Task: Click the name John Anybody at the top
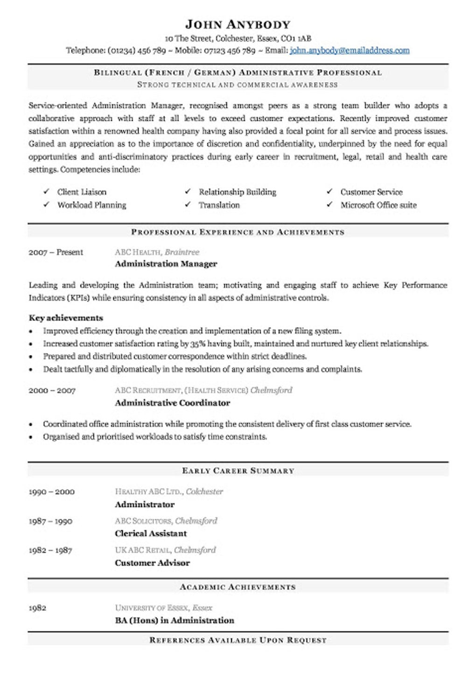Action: click(x=238, y=24)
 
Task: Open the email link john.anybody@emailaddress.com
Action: click(x=350, y=50)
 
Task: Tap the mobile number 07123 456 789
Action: click(x=229, y=50)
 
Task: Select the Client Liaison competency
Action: click(x=82, y=192)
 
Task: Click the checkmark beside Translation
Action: click(x=188, y=205)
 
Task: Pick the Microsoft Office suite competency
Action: click(x=378, y=205)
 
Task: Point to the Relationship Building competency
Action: click(x=237, y=192)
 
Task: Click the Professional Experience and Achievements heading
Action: click(x=238, y=232)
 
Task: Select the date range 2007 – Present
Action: click(x=56, y=252)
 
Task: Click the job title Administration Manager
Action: click(x=166, y=264)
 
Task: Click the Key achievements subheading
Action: click(x=66, y=318)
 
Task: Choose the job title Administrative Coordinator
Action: click(x=172, y=403)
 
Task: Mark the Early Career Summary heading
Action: click(x=238, y=471)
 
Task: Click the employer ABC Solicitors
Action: click(x=144, y=521)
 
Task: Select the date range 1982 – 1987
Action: click(x=50, y=550)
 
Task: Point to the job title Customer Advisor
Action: click(x=152, y=563)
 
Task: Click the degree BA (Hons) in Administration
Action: click(x=174, y=621)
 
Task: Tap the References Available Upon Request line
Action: click(x=238, y=640)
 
